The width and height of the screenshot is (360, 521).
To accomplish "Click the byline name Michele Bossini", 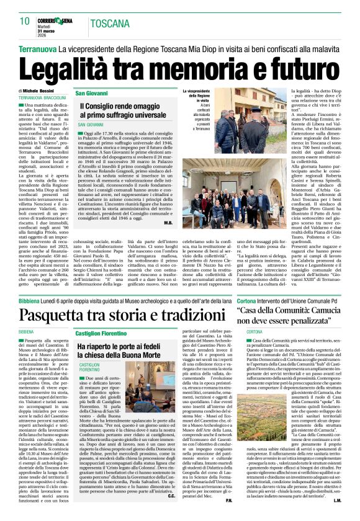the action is pyautogui.click(x=44, y=91).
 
